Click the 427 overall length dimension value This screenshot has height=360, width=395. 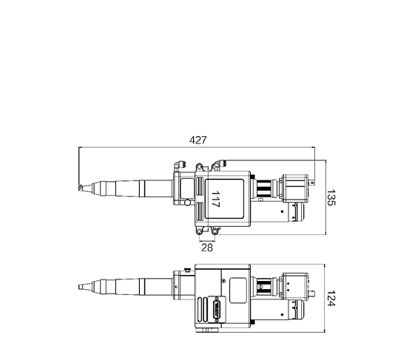[x=197, y=140]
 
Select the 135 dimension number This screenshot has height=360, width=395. [x=331, y=197]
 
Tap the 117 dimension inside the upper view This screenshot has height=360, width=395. [x=215, y=199]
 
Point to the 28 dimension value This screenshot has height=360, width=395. [x=207, y=248]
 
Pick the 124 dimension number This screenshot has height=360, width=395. [x=331, y=299]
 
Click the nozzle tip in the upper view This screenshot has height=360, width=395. [x=81, y=188]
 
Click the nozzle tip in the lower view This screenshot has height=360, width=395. [x=81, y=287]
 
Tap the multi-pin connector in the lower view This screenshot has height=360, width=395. [x=217, y=309]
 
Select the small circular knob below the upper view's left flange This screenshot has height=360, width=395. [x=187, y=202]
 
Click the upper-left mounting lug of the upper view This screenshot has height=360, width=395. [x=199, y=166]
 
